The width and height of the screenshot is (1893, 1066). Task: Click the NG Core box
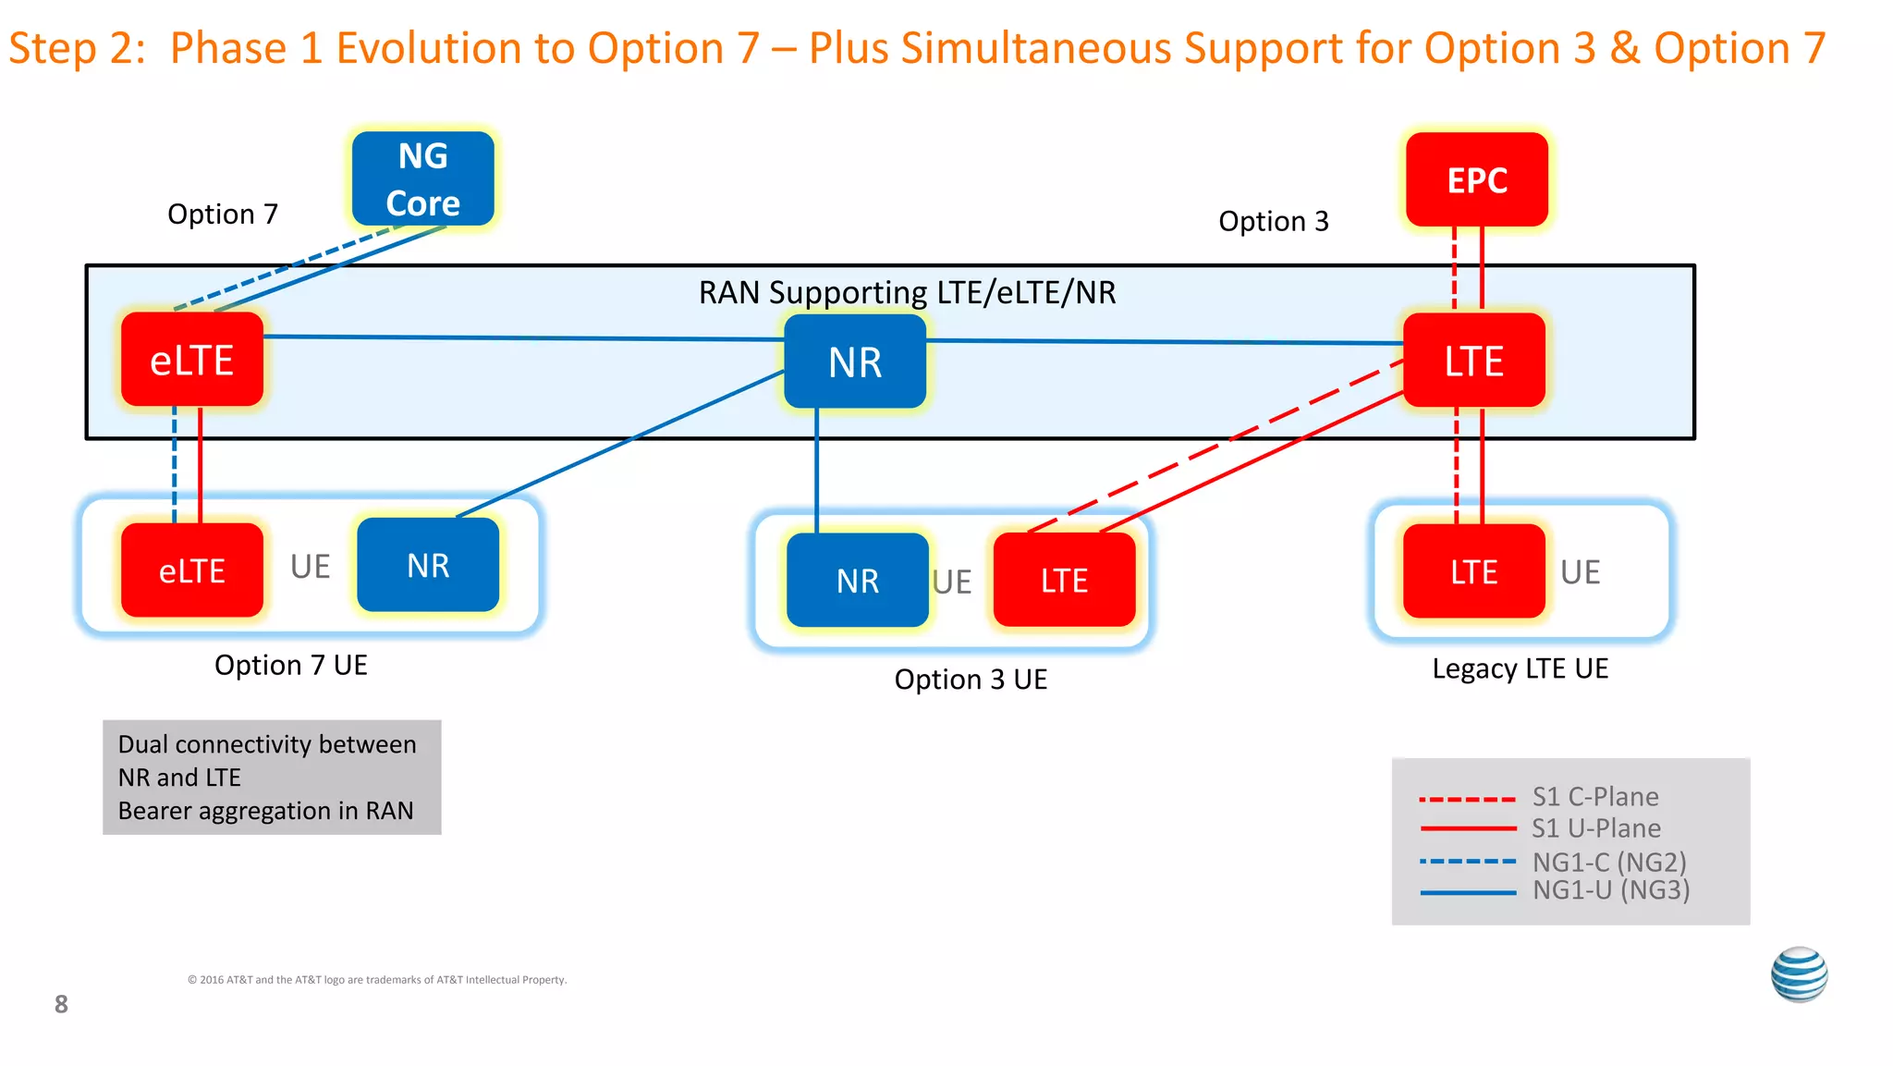[422, 178]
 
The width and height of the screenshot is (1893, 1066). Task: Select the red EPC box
[1476, 179]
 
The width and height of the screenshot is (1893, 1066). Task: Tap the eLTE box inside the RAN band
[192, 360]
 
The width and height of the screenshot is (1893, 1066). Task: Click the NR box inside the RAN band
[855, 361]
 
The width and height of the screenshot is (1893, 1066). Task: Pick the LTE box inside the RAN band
[1473, 361]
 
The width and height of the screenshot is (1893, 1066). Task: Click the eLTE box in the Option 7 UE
[192, 570]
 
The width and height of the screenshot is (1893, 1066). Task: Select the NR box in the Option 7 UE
[428, 565]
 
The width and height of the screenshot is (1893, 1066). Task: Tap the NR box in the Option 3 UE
[857, 581]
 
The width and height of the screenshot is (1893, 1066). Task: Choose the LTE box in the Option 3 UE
[1064, 581]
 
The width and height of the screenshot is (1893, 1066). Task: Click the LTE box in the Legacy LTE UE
[1473, 572]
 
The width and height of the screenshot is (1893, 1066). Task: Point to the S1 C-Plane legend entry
[1594, 797]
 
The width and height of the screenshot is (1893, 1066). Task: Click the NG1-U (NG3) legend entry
[1610, 890]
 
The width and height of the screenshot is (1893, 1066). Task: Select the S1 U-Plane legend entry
[1595, 828]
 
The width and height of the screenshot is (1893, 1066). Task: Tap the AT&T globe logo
[1799, 974]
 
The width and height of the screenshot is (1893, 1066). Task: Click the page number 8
[61, 1004]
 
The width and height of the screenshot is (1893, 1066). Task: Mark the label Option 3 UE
[971, 680]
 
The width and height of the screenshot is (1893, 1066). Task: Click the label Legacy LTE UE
[1520, 668]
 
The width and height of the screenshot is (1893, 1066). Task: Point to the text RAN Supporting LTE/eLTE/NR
[907, 293]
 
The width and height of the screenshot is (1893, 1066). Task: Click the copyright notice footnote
[377, 980]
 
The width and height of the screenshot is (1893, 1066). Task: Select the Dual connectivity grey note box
[272, 778]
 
